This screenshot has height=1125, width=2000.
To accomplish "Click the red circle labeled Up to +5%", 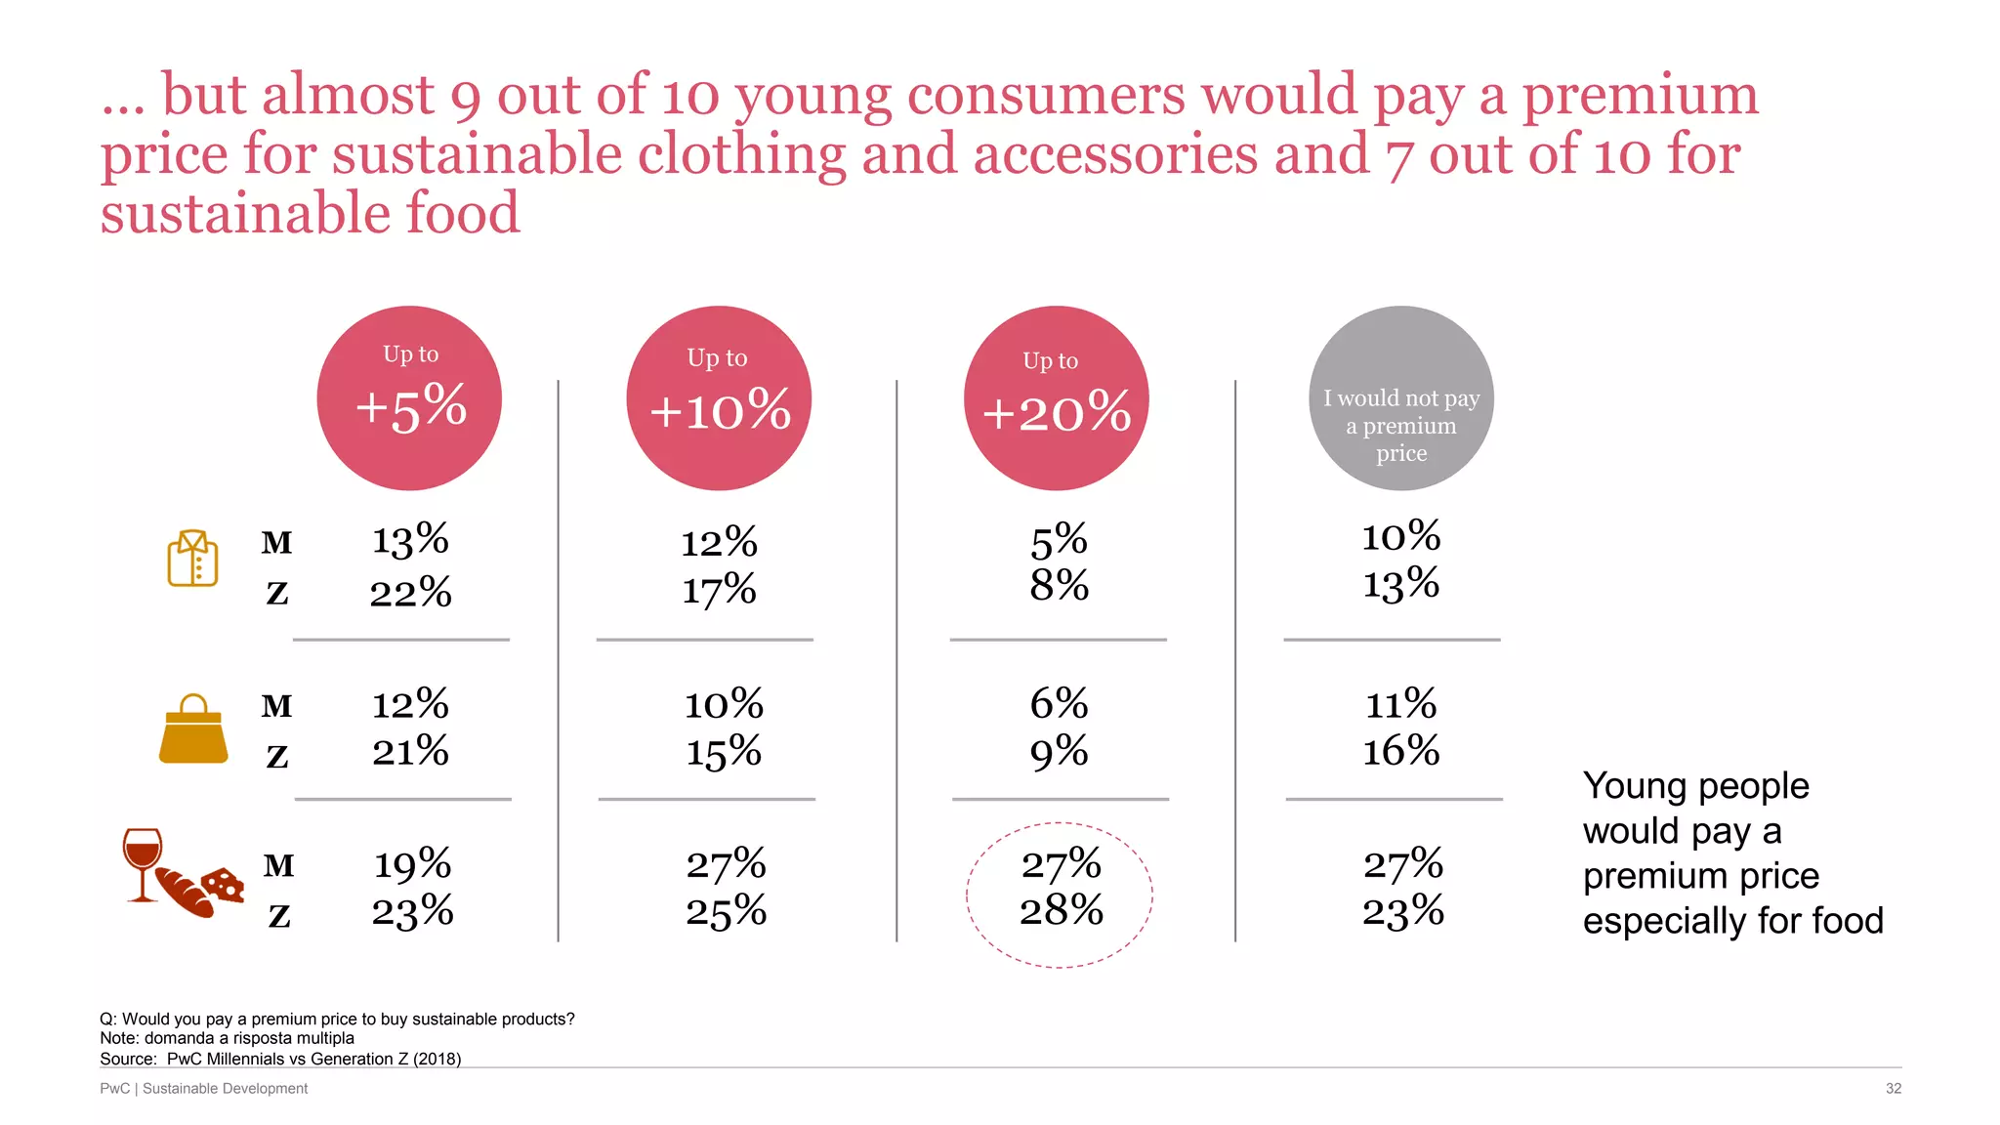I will point(409,398).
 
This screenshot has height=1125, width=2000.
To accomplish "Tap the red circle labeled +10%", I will point(719,398).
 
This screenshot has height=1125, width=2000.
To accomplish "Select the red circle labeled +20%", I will point(1056,398).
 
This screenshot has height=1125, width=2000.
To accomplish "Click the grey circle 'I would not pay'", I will point(1400,398).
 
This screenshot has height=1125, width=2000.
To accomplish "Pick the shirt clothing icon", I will point(192,559).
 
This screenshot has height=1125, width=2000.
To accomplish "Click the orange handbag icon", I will point(193,730).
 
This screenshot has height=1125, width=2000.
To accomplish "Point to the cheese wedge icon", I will point(225,885).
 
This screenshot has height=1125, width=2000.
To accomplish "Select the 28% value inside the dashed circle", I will point(1061,911).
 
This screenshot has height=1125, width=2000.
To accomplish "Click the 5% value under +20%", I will point(1059,540).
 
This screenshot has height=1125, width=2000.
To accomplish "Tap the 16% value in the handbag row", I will point(1400,751).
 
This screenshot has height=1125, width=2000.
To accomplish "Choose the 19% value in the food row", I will point(412,864).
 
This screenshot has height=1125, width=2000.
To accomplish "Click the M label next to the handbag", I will point(276,706).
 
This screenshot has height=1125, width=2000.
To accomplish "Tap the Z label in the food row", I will point(279,916).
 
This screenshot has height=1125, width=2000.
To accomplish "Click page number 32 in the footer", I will point(1893,1088).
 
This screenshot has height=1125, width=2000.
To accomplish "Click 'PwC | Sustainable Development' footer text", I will point(203,1088).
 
